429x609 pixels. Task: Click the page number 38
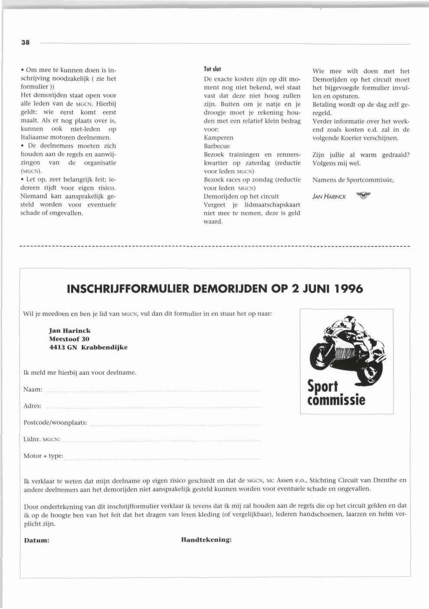pyautogui.click(x=25, y=43)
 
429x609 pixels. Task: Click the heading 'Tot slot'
pyautogui.click(x=212, y=69)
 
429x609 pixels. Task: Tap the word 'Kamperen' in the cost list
pyautogui.click(x=218, y=138)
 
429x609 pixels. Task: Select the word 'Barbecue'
pyautogui.click(x=217, y=146)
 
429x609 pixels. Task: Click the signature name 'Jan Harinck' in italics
pyautogui.click(x=329, y=196)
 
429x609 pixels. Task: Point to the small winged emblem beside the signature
pyautogui.click(x=364, y=196)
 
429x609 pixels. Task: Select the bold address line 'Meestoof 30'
pyautogui.click(x=69, y=339)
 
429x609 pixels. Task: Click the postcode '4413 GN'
pyautogui.click(x=63, y=347)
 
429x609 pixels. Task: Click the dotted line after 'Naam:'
pyautogui.click(x=153, y=390)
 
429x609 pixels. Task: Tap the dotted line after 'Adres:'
pyautogui.click(x=153, y=407)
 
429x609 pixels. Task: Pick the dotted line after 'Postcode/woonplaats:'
pyautogui.click(x=175, y=424)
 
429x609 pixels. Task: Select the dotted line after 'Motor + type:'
pyautogui.click(x=163, y=457)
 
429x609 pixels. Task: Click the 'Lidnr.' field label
pyautogui.click(x=32, y=439)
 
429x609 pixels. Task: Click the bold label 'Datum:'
pyautogui.click(x=36, y=540)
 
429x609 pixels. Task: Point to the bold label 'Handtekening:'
pyautogui.click(x=206, y=540)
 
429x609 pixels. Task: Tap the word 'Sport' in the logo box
pyautogui.click(x=322, y=386)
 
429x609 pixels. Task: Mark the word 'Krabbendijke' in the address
pyautogui.click(x=104, y=347)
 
